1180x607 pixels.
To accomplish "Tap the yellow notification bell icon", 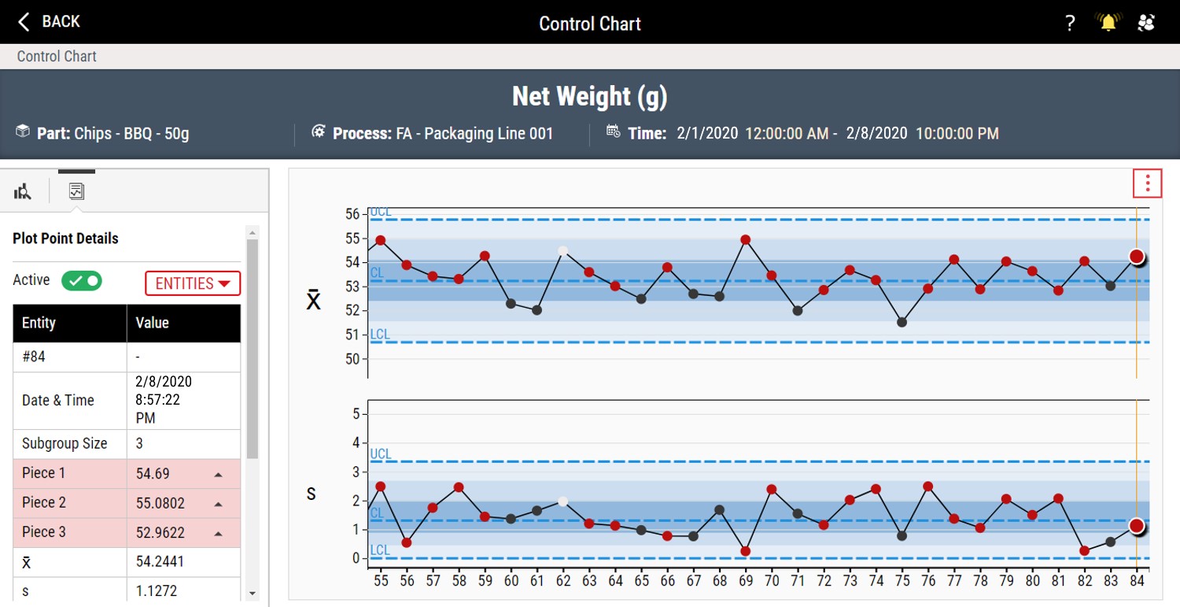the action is [x=1108, y=22].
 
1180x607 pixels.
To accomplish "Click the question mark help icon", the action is [x=1070, y=23].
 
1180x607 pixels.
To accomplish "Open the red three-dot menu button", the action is [x=1147, y=183].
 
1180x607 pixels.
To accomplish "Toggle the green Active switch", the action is [x=82, y=280].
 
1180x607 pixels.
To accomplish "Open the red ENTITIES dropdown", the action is [x=193, y=283].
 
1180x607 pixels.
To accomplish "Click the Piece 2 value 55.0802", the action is [x=160, y=503].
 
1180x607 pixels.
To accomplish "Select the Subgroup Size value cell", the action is [x=183, y=443].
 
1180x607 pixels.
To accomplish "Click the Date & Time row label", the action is [x=58, y=400].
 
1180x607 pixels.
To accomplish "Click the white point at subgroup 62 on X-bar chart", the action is [x=563, y=251].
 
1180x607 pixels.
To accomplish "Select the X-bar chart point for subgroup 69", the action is [x=746, y=240].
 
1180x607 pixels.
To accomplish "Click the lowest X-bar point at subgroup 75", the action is [x=902, y=322].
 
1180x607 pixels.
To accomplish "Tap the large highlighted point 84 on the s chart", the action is [x=1137, y=526].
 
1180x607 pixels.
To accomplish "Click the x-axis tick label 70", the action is [x=772, y=581].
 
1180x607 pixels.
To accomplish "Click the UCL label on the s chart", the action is [x=380, y=454].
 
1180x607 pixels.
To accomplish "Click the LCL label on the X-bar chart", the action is [x=380, y=335].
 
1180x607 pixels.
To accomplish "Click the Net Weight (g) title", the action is [x=589, y=97].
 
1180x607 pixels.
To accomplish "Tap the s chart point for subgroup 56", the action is [x=407, y=542].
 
